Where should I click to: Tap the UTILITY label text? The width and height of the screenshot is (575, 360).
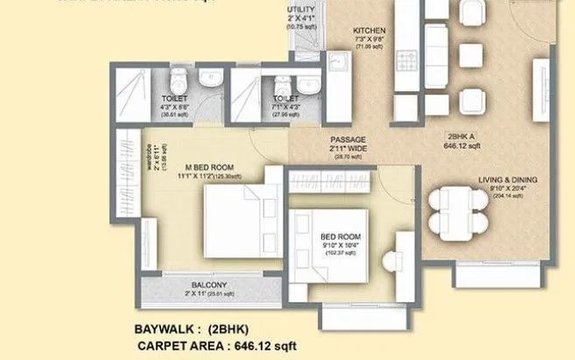point(302,11)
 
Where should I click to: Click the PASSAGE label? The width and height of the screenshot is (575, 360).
point(347,139)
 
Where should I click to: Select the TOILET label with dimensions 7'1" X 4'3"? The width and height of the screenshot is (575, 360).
point(284,99)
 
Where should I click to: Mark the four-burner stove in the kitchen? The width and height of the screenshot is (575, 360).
point(408,60)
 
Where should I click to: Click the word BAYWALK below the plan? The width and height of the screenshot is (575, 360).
point(167,329)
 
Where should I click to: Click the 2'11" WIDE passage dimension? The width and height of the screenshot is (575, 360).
point(347,148)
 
